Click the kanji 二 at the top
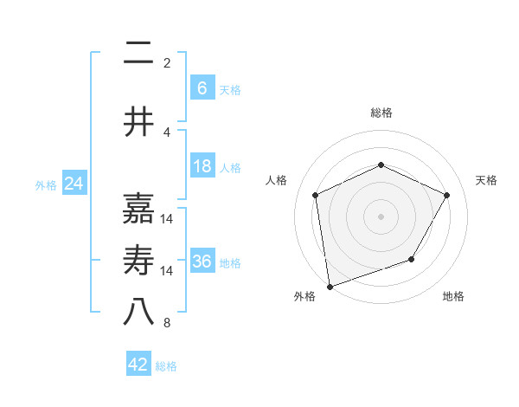(138, 55)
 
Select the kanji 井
(138, 123)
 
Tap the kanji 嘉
(138, 209)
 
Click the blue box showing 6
(202, 88)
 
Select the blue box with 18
(202, 166)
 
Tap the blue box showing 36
(202, 262)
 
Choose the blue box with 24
(74, 184)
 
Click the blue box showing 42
(138, 365)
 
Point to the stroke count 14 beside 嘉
(167, 219)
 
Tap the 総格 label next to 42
(166, 366)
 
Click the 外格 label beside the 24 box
(45, 184)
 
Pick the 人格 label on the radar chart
(277, 180)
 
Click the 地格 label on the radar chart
(453, 297)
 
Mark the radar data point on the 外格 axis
(330, 286)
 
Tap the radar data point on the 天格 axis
(447, 195)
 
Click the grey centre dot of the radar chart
(381, 216)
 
